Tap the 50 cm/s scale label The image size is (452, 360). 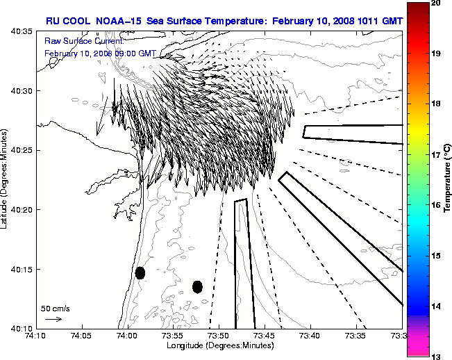[x=55, y=308]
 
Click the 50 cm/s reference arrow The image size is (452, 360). [x=53, y=319]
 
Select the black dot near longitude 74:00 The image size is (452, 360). [x=140, y=272]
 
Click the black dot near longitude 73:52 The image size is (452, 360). [x=197, y=286]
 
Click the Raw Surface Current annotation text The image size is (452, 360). [x=76, y=41]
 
